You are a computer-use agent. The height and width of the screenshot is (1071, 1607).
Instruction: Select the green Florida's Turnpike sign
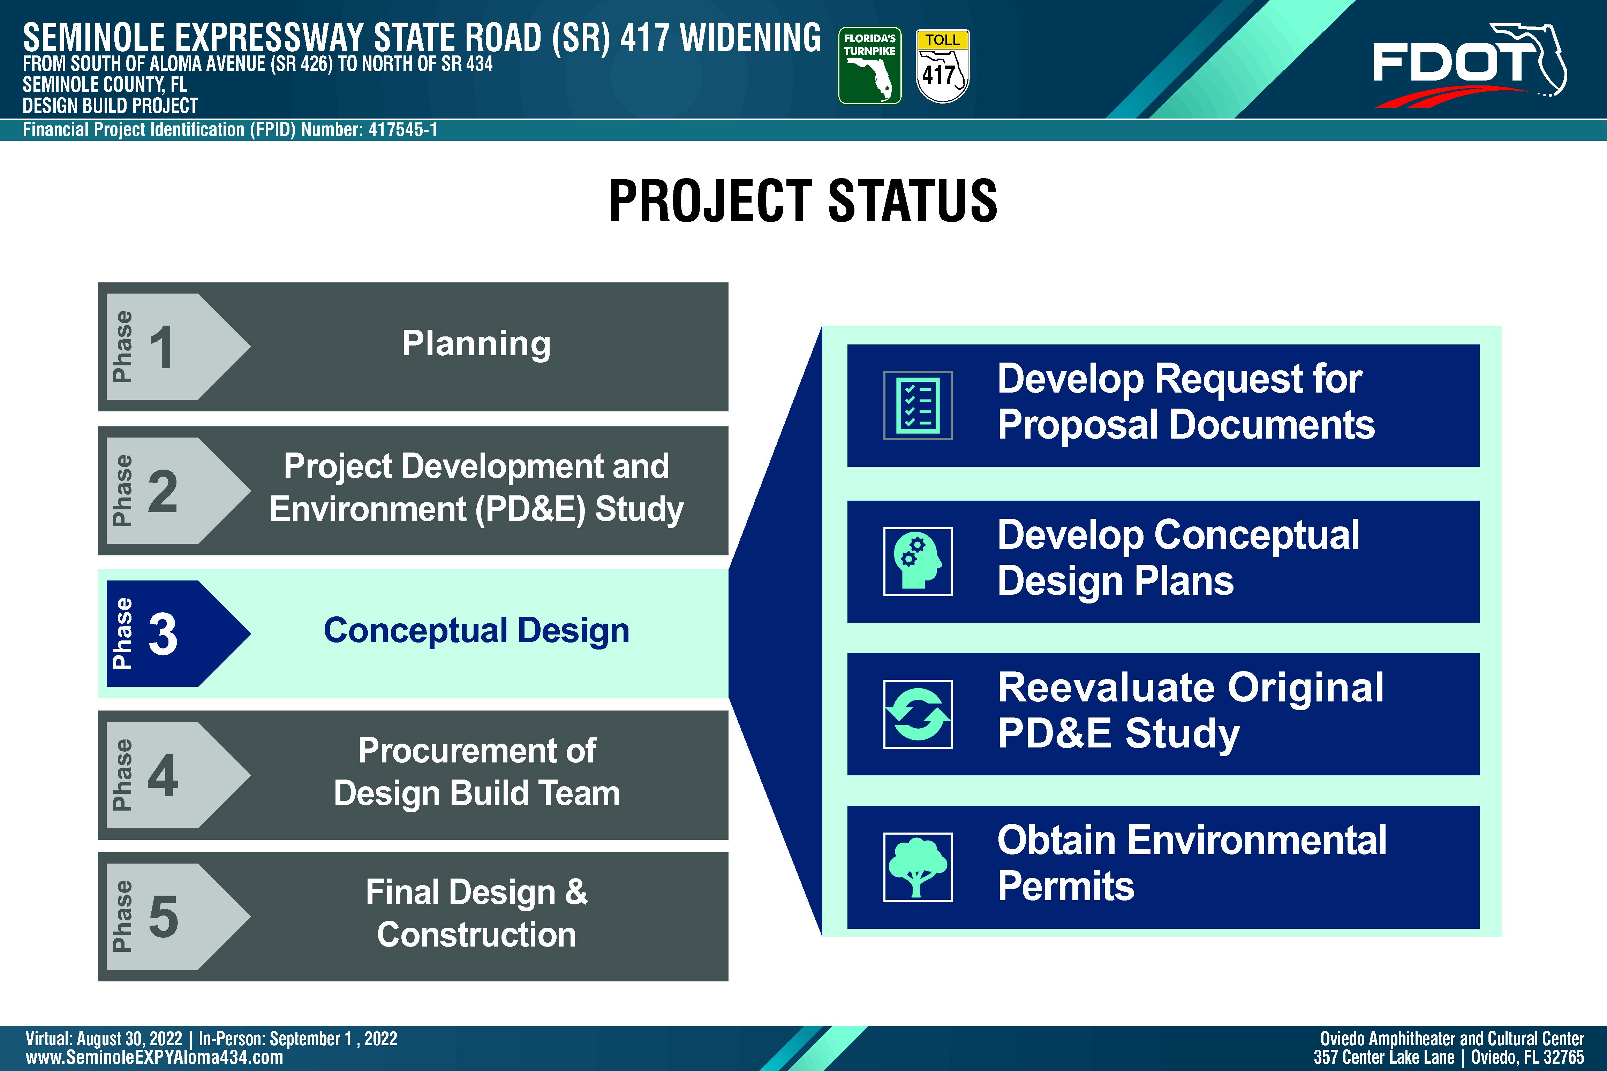click(870, 66)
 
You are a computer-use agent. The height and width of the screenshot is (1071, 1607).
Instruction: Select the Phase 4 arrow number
click(163, 775)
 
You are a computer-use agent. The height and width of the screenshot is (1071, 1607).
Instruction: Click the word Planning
click(476, 343)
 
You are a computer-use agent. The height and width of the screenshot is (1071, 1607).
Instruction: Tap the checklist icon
click(918, 405)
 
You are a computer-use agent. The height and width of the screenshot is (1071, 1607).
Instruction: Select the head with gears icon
click(918, 561)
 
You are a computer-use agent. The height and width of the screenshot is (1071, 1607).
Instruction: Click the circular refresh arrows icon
click(918, 714)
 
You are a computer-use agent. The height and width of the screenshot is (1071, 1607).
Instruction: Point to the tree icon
click(918, 867)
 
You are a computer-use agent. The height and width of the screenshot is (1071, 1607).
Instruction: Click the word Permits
click(1066, 886)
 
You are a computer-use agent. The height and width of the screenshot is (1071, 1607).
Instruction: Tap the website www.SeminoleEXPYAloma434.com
click(154, 1057)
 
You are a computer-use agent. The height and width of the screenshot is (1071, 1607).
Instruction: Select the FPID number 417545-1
click(403, 130)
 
